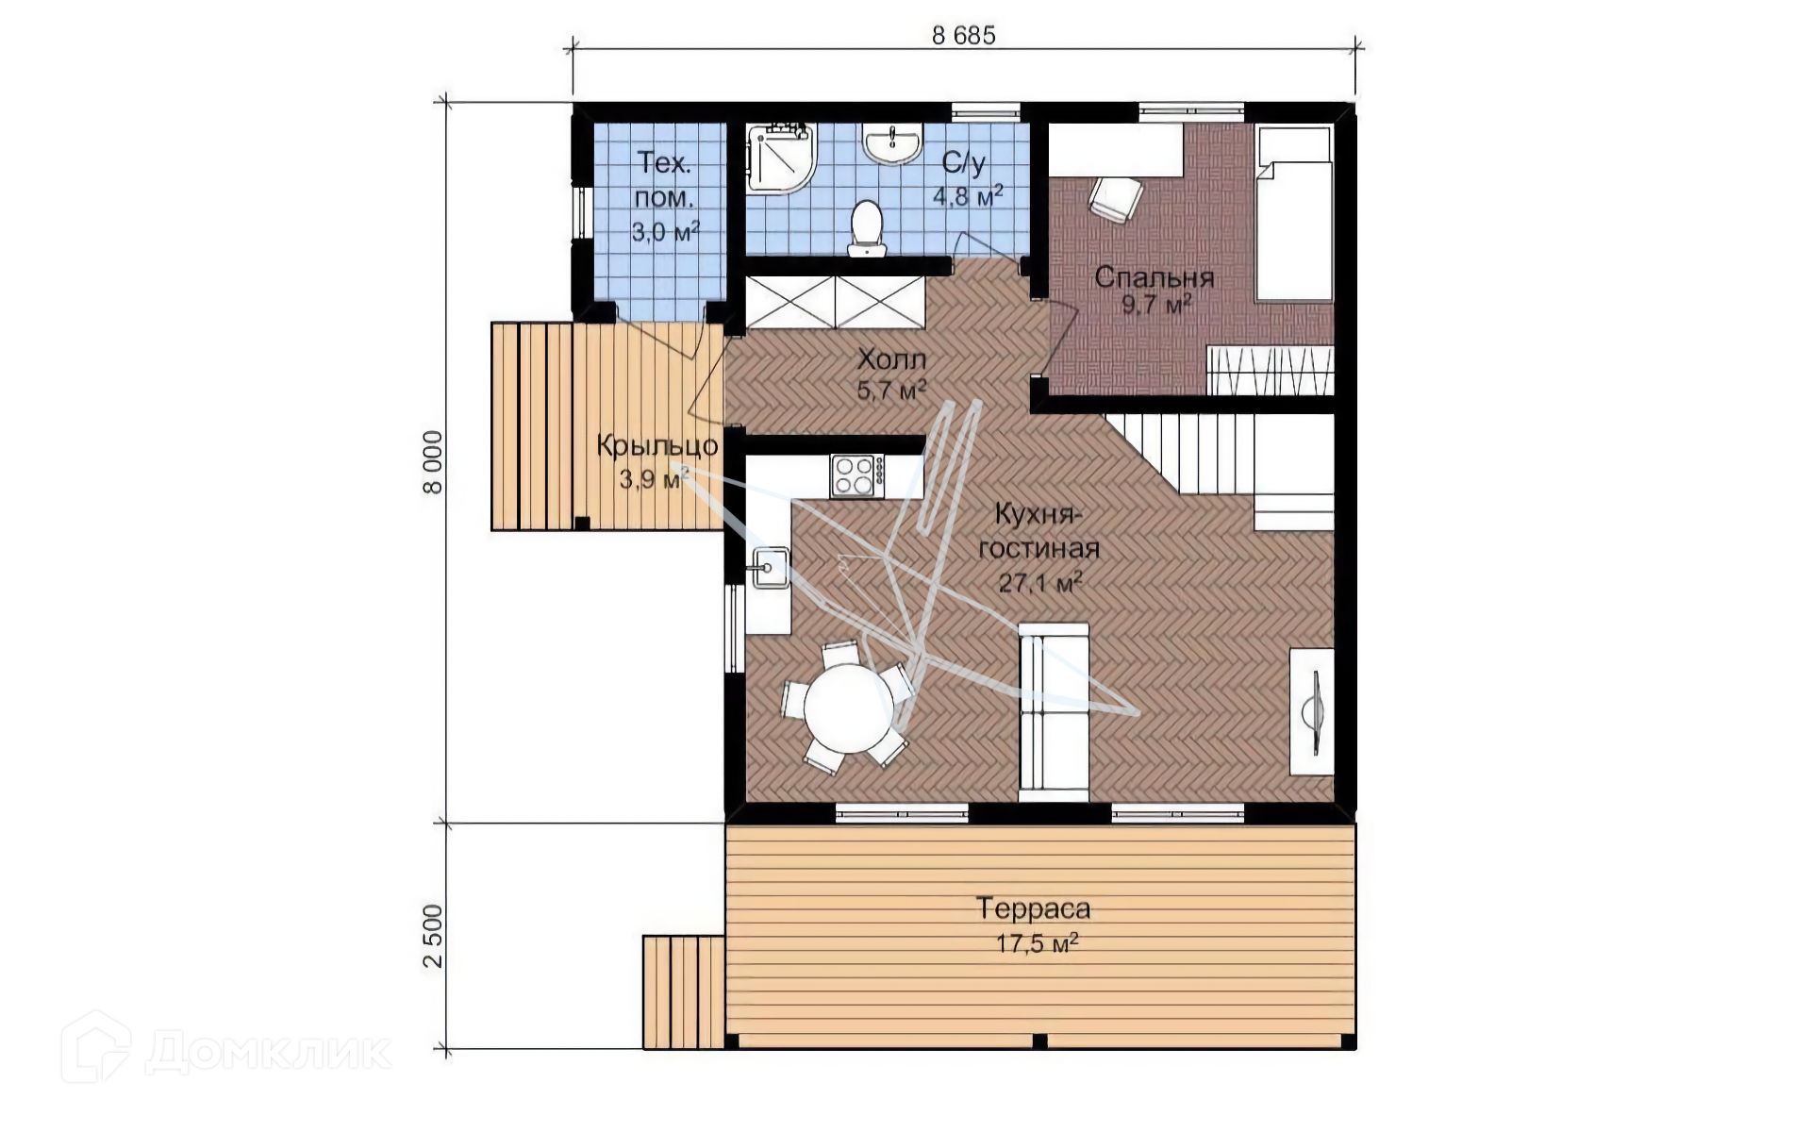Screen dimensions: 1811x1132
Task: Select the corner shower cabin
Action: click(x=780, y=158)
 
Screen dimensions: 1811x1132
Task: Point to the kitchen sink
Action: click(x=769, y=568)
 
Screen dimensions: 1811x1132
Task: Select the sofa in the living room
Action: click(x=1054, y=712)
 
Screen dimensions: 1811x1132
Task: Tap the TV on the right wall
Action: click(x=1312, y=712)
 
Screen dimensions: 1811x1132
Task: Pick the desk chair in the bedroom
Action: click(x=1116, y=199)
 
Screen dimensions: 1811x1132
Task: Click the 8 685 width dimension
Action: click(x=963, y=35)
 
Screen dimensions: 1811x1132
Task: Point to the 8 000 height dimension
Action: click(x=432, y=462)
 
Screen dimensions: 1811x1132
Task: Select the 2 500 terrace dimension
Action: click(x=432, y=936)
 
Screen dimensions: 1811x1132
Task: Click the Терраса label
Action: click(x=1034, y=908)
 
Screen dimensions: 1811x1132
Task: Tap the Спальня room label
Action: click(x=1154, y=277)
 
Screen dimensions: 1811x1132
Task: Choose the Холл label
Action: click(x=891, y=359)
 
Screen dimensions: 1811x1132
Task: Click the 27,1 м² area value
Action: click(x=1040, y=582)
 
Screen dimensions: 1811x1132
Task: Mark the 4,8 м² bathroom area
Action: click(x=968, y=195)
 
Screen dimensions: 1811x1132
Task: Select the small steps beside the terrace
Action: click(x=684, y=992)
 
